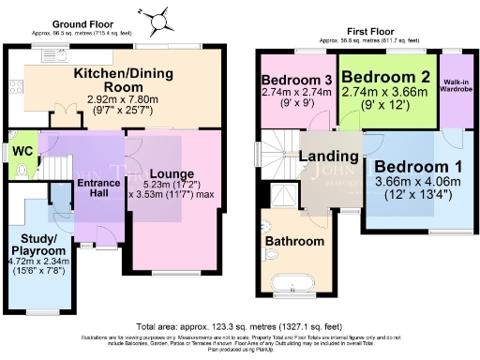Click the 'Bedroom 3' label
[x=292, y=78]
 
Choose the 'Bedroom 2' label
[x=386, y=76]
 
